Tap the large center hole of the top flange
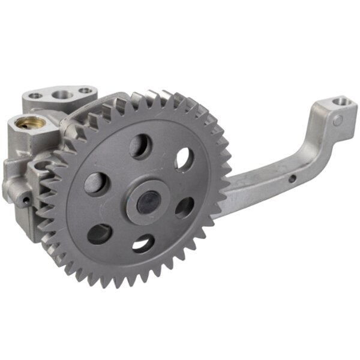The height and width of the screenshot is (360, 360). point(62,94)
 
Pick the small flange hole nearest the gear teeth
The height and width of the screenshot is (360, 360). point(86,92)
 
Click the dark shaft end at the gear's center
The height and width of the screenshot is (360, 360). point(145,203)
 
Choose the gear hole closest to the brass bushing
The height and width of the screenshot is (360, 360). point(97,182)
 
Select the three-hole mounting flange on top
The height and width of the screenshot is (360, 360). point(60,96)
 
